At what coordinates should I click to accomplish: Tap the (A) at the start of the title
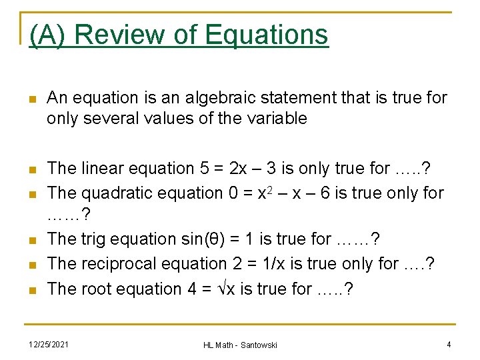point(49,34)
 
